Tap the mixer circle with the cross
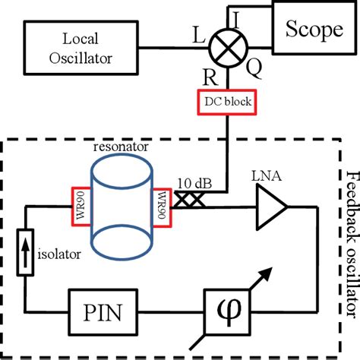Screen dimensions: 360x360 coord(226,46)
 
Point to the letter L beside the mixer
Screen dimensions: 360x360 coord(200,36)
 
